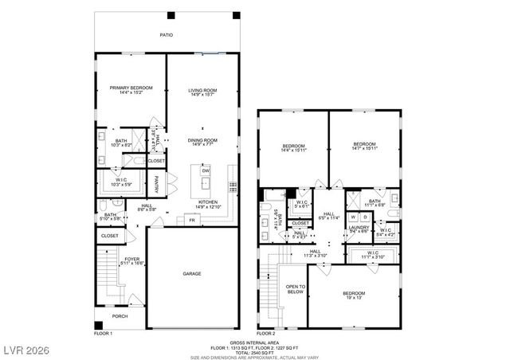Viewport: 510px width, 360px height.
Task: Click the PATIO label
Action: point(166,35)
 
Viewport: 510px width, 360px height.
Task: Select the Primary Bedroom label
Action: point(131,88)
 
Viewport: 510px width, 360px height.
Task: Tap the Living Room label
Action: point(202,90)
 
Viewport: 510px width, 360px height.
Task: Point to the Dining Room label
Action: point(202,140)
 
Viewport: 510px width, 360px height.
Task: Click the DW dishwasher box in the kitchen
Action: point(205,171)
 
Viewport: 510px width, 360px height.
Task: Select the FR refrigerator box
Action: point(192,220)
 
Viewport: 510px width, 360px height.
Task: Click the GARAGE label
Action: point(191,274)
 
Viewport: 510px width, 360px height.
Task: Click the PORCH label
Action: point(120,316)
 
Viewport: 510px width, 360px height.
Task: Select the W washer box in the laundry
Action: point(353,217)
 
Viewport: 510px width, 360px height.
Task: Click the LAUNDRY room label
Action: point(358,227)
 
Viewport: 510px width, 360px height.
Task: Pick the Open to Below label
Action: point(296,289)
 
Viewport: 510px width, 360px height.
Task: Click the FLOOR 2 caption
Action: point(265,333)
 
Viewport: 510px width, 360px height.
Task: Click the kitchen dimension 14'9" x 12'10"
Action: point(209,208)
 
